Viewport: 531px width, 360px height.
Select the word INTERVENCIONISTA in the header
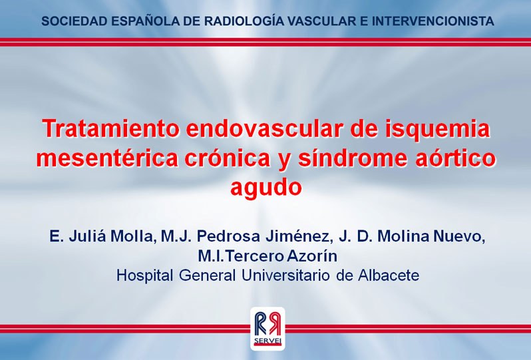[x=433, y=21]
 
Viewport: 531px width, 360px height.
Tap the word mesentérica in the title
[x=107, y=158]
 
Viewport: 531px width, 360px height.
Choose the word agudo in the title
[x=266, y=188]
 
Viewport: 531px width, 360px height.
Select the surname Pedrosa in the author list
[x=229, y=236]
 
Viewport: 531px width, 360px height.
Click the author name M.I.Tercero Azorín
[x=267, y=256]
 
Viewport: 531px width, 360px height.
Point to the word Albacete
[x=389, y=275]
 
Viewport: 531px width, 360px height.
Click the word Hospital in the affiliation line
[x=144, y=275]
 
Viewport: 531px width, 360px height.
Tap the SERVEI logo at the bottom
[x=267, y=328]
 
